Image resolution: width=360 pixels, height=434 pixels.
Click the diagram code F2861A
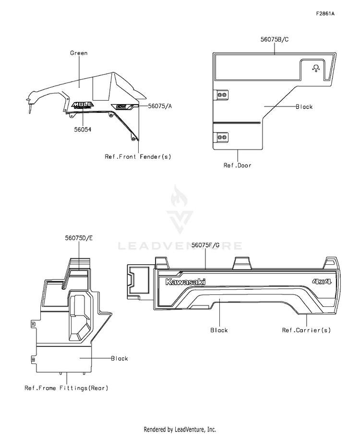[325, 13]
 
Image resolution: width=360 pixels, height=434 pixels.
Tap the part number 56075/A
[160, 105]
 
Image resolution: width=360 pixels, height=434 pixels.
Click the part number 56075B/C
[274, 39]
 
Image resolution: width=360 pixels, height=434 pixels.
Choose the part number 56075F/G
[205, 245]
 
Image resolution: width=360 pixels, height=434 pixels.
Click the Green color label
[78, 53]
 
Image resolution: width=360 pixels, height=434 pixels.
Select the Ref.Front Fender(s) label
[138, 156]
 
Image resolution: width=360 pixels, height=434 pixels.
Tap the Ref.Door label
[237, 165]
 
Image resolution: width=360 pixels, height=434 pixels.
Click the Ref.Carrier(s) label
[306, 330]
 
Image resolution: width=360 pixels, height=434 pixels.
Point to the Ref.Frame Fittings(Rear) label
[66, 388]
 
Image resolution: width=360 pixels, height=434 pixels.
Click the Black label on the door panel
[304, 106]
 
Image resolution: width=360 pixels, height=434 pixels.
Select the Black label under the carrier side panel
[219, 330]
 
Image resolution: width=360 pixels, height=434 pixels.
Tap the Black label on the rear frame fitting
[120, 358]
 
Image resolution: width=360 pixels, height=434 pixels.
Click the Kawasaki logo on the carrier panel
[185, 282]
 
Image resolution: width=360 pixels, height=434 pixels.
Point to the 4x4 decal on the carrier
[322, 282]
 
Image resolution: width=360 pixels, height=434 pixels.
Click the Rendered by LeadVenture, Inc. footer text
[180, 429]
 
